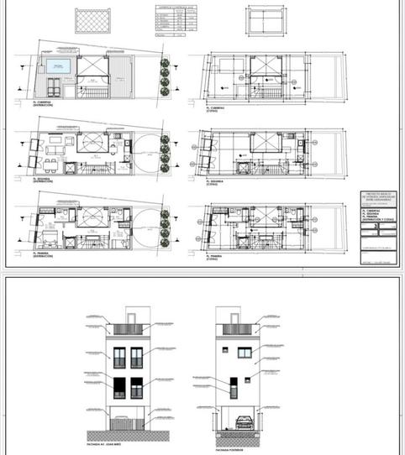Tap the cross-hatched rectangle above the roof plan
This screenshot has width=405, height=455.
click(x=92, y=20)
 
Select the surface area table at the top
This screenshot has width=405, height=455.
click(x=170, y=21)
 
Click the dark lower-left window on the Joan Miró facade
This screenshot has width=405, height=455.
click(x=118, y=388)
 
